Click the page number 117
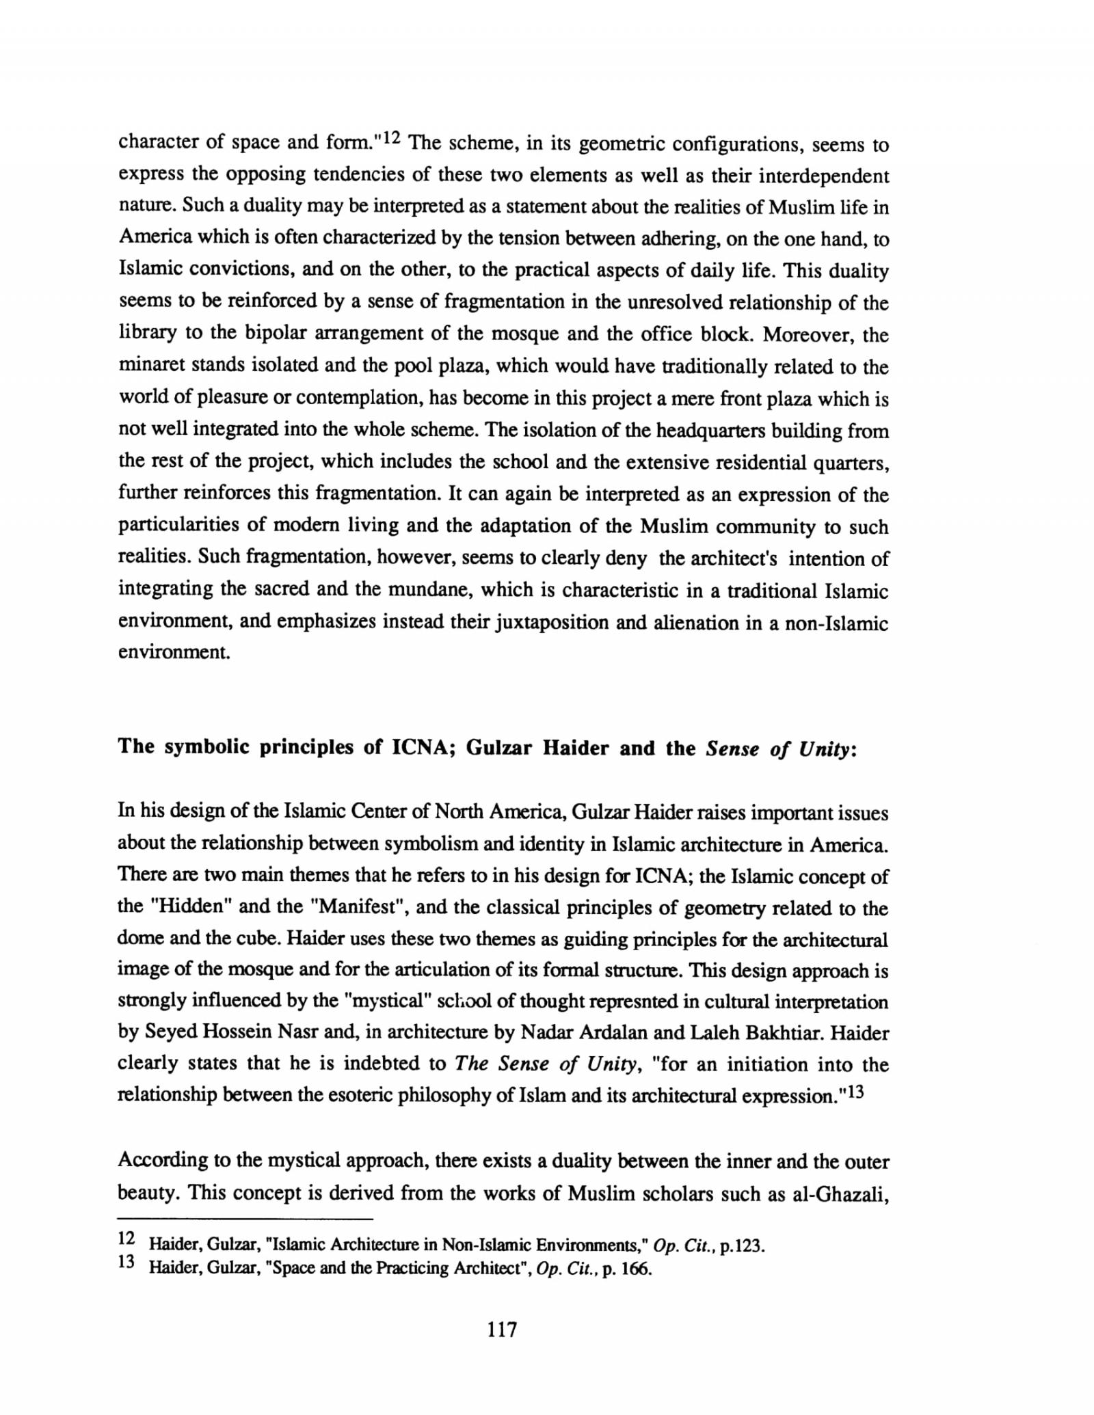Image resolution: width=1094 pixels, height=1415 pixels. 502,1330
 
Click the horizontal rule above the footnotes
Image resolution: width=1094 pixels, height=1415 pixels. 246,1219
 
